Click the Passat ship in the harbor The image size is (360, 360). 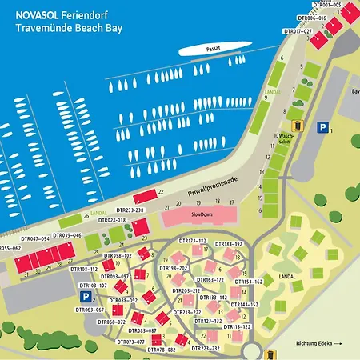click(211, 50)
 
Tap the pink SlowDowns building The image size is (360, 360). click(200, 216)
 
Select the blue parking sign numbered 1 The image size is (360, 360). click(322, 126)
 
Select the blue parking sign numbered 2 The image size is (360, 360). click(82, 297)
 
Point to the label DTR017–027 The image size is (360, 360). click(298, 31)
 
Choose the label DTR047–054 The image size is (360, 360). click(35, 238)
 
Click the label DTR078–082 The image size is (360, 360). click(160, 350)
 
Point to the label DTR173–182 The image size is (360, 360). click(192, 241)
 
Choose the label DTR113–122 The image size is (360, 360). click(237, 326)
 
